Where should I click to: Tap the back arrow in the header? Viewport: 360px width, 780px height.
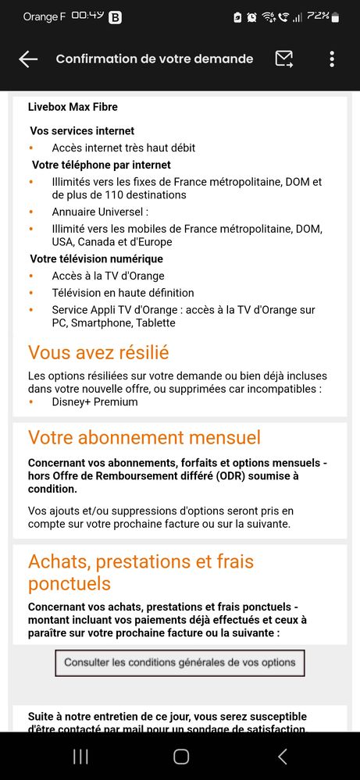tap(28, 59)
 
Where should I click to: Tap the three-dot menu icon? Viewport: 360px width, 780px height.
tap(332, 59)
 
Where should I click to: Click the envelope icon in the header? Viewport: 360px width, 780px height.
tap(284, 59)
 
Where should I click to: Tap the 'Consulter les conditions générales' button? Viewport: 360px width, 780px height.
tap(180, 663)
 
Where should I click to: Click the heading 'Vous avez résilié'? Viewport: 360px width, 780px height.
tap(98, 352)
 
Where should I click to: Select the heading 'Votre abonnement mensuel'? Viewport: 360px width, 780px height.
tap(144, 437)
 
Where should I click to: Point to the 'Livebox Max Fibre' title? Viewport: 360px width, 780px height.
tap(73, 107)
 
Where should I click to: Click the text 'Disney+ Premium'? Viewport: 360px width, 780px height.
tap(94, 402)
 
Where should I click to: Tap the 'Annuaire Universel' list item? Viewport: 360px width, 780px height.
tap(100, 212)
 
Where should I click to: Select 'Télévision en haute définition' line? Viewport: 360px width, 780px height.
tap(123, 293)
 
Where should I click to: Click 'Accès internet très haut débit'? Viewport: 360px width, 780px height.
tap(123, 148)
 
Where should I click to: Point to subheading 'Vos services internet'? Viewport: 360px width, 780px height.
tap(82, 131)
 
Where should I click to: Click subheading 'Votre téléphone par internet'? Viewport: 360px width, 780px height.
tap(102, 165)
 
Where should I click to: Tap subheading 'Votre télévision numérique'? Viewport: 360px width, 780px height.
tap(97, 259)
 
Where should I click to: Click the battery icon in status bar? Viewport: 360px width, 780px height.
tap(335, 16)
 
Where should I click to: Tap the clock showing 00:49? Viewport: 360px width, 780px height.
tap(87, 16)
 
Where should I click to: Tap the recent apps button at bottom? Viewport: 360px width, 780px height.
tap(80, 756)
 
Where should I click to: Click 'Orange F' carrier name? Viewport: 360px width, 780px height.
tap(44, 16)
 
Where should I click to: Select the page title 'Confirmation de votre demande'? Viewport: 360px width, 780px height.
tap(155, 59)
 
